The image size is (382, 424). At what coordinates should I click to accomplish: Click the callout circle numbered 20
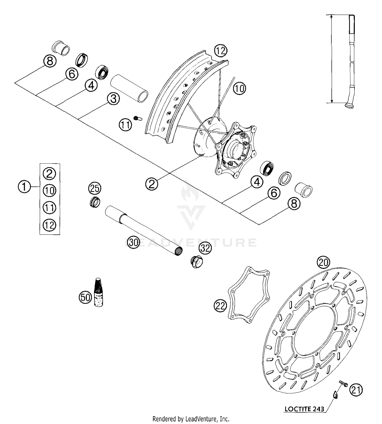(x=323, y=262)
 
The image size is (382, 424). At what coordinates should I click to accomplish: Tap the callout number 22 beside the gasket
(x=220, y=306)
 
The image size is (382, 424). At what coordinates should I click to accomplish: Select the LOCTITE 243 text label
(x=304, y=409)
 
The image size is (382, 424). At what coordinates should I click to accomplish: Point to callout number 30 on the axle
(x=133, y=242)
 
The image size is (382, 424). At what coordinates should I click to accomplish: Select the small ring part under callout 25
(x=95, y=202)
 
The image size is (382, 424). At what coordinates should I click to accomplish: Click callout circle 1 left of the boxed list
(x=24, y=187)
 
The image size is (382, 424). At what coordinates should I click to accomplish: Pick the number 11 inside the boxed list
(x=49, y=208)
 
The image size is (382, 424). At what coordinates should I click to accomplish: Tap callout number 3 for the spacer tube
(x=113, y=99)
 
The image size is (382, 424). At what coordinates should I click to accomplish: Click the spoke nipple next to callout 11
(x=138, y=118)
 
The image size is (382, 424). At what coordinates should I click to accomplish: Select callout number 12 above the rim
(x=221, y=51)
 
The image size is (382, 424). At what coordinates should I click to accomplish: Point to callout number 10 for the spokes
(x=239, y=88)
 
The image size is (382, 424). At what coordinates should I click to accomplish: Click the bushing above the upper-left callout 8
(x=61, y=48)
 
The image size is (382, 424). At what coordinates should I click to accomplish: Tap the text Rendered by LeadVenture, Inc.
(x=191, y=419)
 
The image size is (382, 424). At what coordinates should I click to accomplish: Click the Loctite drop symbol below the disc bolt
(x=336, y=395)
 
